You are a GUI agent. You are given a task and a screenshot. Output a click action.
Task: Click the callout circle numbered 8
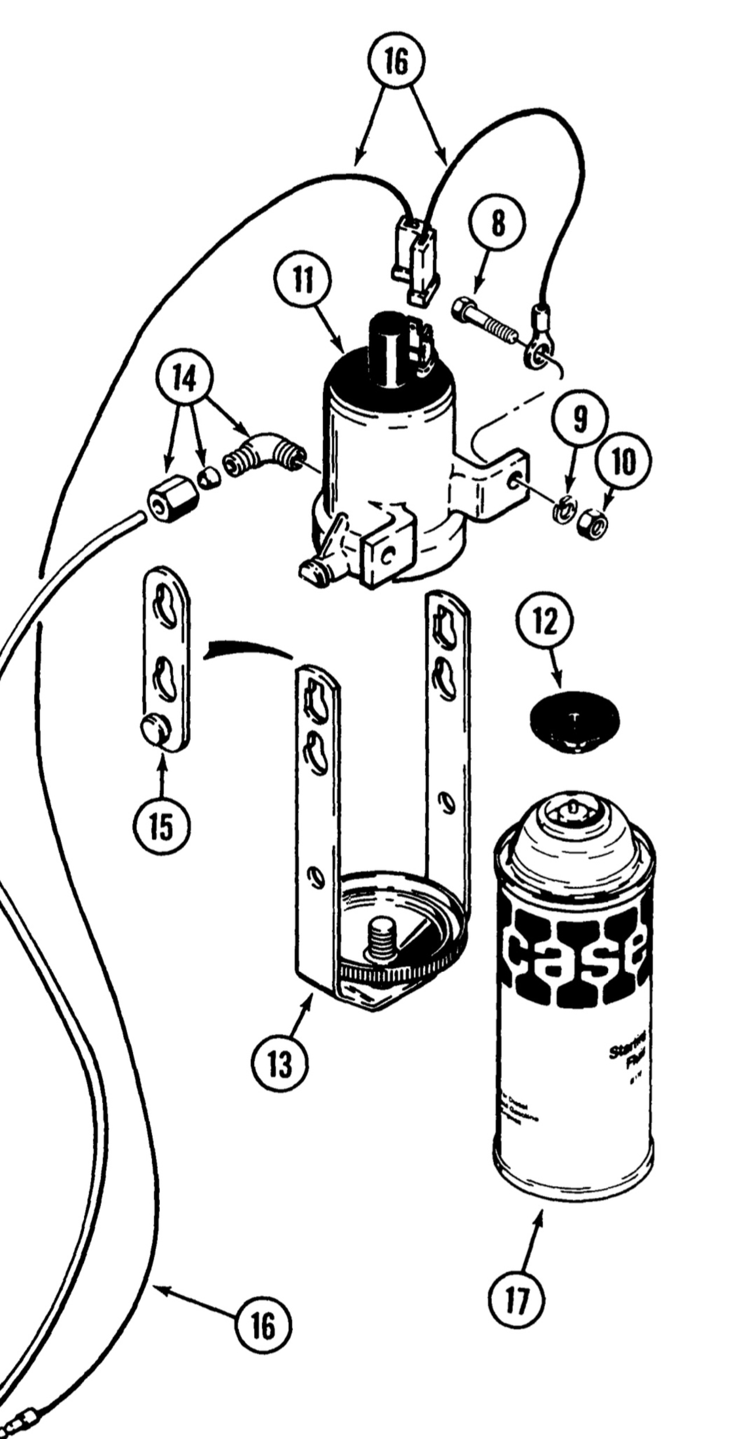498,224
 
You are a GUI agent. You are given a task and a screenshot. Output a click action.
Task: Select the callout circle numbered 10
623,461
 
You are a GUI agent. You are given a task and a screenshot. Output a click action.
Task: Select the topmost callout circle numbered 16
396,62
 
